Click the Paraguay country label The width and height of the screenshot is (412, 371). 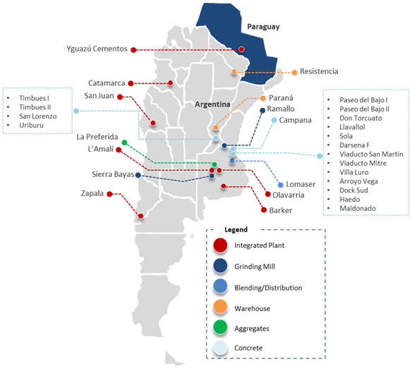click(263, 27)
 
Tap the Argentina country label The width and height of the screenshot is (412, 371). click(212, 104)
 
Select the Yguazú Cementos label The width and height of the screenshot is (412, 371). click(97, 49)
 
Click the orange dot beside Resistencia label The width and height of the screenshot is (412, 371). click(294, 72)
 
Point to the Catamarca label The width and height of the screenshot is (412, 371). click(107, 83)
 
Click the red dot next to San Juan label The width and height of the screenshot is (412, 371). click(120, 97)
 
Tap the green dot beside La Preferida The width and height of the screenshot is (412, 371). click(125, 142)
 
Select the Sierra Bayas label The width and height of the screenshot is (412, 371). click(113, 174)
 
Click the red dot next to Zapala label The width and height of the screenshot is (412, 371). click(109, 194)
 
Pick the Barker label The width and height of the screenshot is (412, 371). click(281, 210)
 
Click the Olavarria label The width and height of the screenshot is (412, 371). click(289, 195)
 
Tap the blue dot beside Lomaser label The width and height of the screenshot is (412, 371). click(280, 185)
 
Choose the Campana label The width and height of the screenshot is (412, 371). click(296, 121)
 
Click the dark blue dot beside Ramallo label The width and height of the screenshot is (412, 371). click(262, 111)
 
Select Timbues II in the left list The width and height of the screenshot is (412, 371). click(35, 107)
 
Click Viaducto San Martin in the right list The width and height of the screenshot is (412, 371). click(371, 154)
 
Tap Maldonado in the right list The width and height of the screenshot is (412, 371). click(358, 208)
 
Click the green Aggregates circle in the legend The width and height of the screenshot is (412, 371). click(220, 327)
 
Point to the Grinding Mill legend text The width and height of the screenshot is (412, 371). click(255, 267)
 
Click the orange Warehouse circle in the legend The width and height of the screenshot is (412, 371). click(220, 307)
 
